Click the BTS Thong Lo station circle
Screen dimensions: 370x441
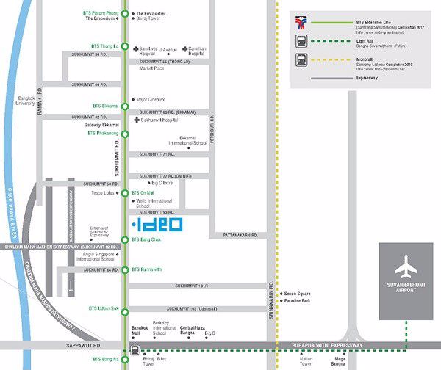pos(125,46)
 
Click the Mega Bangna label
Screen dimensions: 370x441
pos(339,361)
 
